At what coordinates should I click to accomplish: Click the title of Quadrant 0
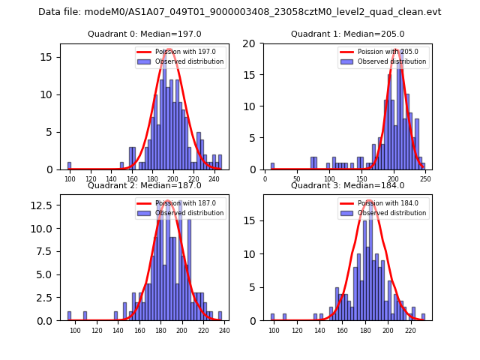145,34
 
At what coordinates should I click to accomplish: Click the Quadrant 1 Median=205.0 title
347,34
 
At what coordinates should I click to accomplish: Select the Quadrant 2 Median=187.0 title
145,185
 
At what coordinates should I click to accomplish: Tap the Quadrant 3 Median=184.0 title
347,185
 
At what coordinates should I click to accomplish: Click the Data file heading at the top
240,12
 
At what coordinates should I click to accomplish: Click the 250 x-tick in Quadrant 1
425,179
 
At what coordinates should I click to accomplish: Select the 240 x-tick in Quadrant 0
214,179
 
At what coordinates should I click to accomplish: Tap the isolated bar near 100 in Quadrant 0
70,166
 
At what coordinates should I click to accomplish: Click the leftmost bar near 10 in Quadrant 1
272,166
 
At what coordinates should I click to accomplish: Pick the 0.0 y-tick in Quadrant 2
47,320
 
